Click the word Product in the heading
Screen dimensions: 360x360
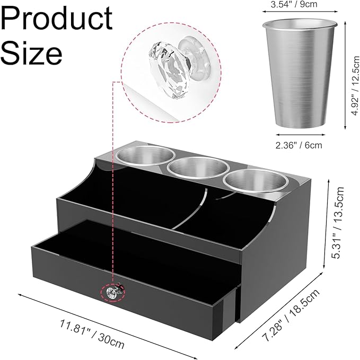point(57,19)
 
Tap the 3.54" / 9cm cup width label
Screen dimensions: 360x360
point(294,4)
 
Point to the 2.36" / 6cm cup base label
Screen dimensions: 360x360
point(298,145)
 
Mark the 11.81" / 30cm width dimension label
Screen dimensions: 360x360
point(92,334)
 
